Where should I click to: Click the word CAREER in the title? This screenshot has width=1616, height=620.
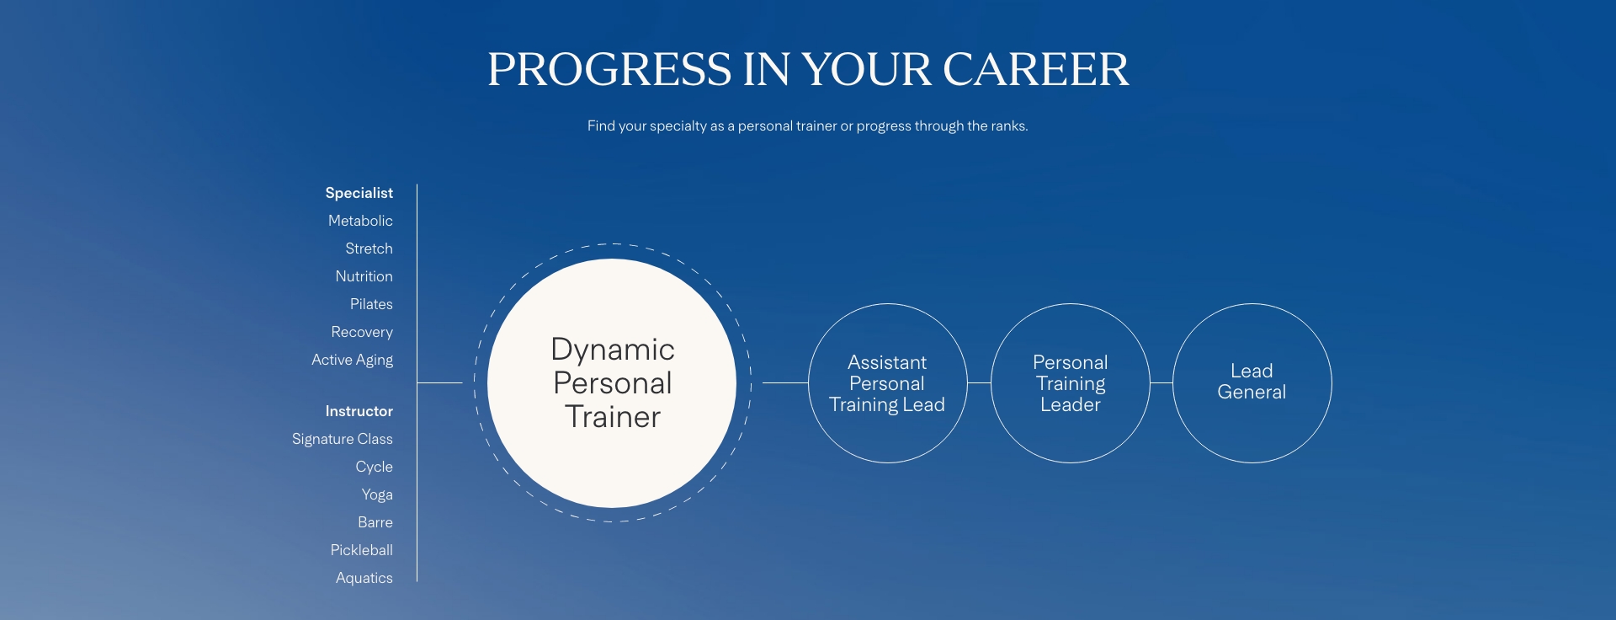pos(1035,69)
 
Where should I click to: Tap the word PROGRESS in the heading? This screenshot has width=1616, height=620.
pos(609,69)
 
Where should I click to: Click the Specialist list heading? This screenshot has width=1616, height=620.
pos(359,193)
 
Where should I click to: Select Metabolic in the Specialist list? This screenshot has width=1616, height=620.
pos(360,221)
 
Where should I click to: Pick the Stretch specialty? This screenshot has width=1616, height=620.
pos(369,249)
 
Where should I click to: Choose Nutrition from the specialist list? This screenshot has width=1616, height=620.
pos(364,276)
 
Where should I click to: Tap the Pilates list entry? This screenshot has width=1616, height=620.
pos(371,304)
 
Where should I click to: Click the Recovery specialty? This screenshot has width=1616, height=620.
pos(362,332)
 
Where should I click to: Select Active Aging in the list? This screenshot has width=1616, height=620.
pos(352,360)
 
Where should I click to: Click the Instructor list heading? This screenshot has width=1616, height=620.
pos(359,411)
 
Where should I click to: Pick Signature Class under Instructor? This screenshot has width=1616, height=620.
pos(342,439)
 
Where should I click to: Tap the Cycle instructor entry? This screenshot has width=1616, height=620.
pos(374,467)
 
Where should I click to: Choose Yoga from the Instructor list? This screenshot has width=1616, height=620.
pos(377,494)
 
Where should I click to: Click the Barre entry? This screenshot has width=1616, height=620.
pos(375,522)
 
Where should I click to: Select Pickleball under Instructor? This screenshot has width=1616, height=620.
pos(361,550)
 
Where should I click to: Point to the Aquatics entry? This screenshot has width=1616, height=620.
pos(364,578)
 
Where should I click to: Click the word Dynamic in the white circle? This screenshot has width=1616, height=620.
pos(613,350)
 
